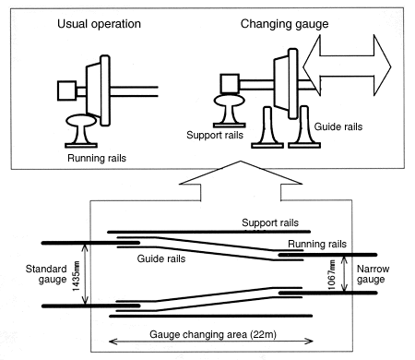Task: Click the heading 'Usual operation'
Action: (99, 24)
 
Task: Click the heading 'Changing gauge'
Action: (284, 24)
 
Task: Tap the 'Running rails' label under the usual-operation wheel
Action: (97, 158)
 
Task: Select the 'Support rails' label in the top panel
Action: (215, 135)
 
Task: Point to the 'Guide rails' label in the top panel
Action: (338, 126)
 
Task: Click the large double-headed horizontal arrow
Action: (347, 66)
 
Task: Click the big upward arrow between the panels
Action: (241, 180)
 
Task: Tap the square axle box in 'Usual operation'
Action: (66, 90)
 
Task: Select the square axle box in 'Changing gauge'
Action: (230, 83)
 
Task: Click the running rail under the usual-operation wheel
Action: (81, 131)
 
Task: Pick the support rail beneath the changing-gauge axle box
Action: (230, 111)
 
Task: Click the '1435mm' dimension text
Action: (77, 276)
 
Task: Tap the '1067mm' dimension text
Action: (331, 275)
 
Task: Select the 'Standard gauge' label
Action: (46, 274)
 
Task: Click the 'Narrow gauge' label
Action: (373, 274)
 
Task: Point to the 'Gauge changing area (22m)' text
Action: (213, 334)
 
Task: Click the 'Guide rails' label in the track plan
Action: (161, 258)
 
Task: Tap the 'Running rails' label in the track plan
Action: (317, 244)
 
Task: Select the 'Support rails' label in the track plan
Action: (270, 222)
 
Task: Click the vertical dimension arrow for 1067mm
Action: (345, 274)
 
